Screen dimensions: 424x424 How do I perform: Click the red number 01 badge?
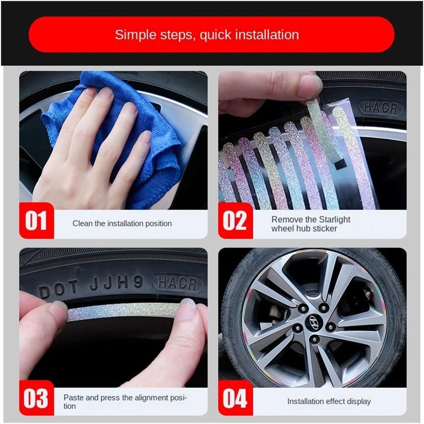[36, 221]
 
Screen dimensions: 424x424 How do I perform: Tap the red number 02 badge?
[235, 221]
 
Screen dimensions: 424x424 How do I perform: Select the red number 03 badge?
[36, 398]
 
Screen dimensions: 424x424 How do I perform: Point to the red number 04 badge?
[235, 398]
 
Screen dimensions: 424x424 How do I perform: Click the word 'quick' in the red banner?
[216, 35]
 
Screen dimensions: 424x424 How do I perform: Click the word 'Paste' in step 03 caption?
[73, 398]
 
